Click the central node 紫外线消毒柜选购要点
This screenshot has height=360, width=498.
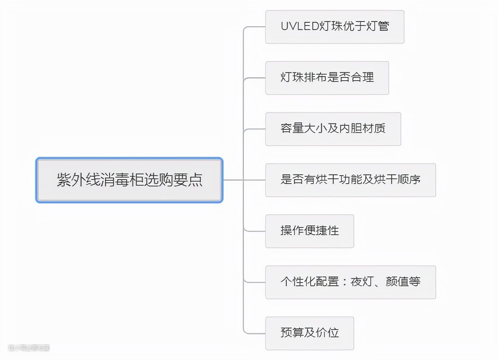point(129,180)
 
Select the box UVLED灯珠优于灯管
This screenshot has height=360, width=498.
point(334,27)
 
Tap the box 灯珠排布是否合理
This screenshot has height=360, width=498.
point(326,77)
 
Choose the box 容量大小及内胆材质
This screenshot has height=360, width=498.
point(332,129)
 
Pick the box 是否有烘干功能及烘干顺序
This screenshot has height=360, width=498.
point(350,180)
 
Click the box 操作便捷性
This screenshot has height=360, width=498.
point(309,230)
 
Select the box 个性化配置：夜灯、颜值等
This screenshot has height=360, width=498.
point(350,282)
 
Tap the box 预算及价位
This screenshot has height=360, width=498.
point(309,333)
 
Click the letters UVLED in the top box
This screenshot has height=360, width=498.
point(300,26)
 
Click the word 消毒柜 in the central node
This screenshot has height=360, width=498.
point(130,180)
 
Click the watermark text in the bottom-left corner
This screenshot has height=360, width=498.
point(29,348)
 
